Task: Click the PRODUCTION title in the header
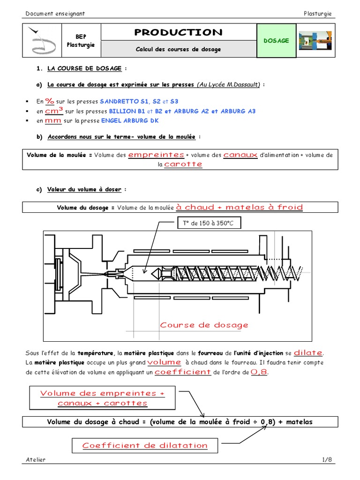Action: (x=178, y=32)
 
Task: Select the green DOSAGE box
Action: (x=276, y=41)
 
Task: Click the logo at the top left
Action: (x=42, y=41)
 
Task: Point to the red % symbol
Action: (x=50, y=100)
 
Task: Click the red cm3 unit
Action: (x=54, y=111)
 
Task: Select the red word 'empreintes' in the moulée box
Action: (x=156, y=155)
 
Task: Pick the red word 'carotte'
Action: (x=183, y=164)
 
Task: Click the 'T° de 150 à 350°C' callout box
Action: (x=209, y=224)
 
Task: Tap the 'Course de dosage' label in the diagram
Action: (x=204, y=325)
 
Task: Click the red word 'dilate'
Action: (x=308, y=352)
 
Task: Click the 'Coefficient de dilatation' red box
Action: (x=145, y=445)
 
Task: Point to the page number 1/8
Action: (x=327, y=460)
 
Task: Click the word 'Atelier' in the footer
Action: (x=36, y=460)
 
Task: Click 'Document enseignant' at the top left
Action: (x=55, y=14)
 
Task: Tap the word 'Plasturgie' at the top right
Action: (x=317, y=14)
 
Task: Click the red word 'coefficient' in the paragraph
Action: (x=183, y=372)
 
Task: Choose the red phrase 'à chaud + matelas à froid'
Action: (x=240, y=207)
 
